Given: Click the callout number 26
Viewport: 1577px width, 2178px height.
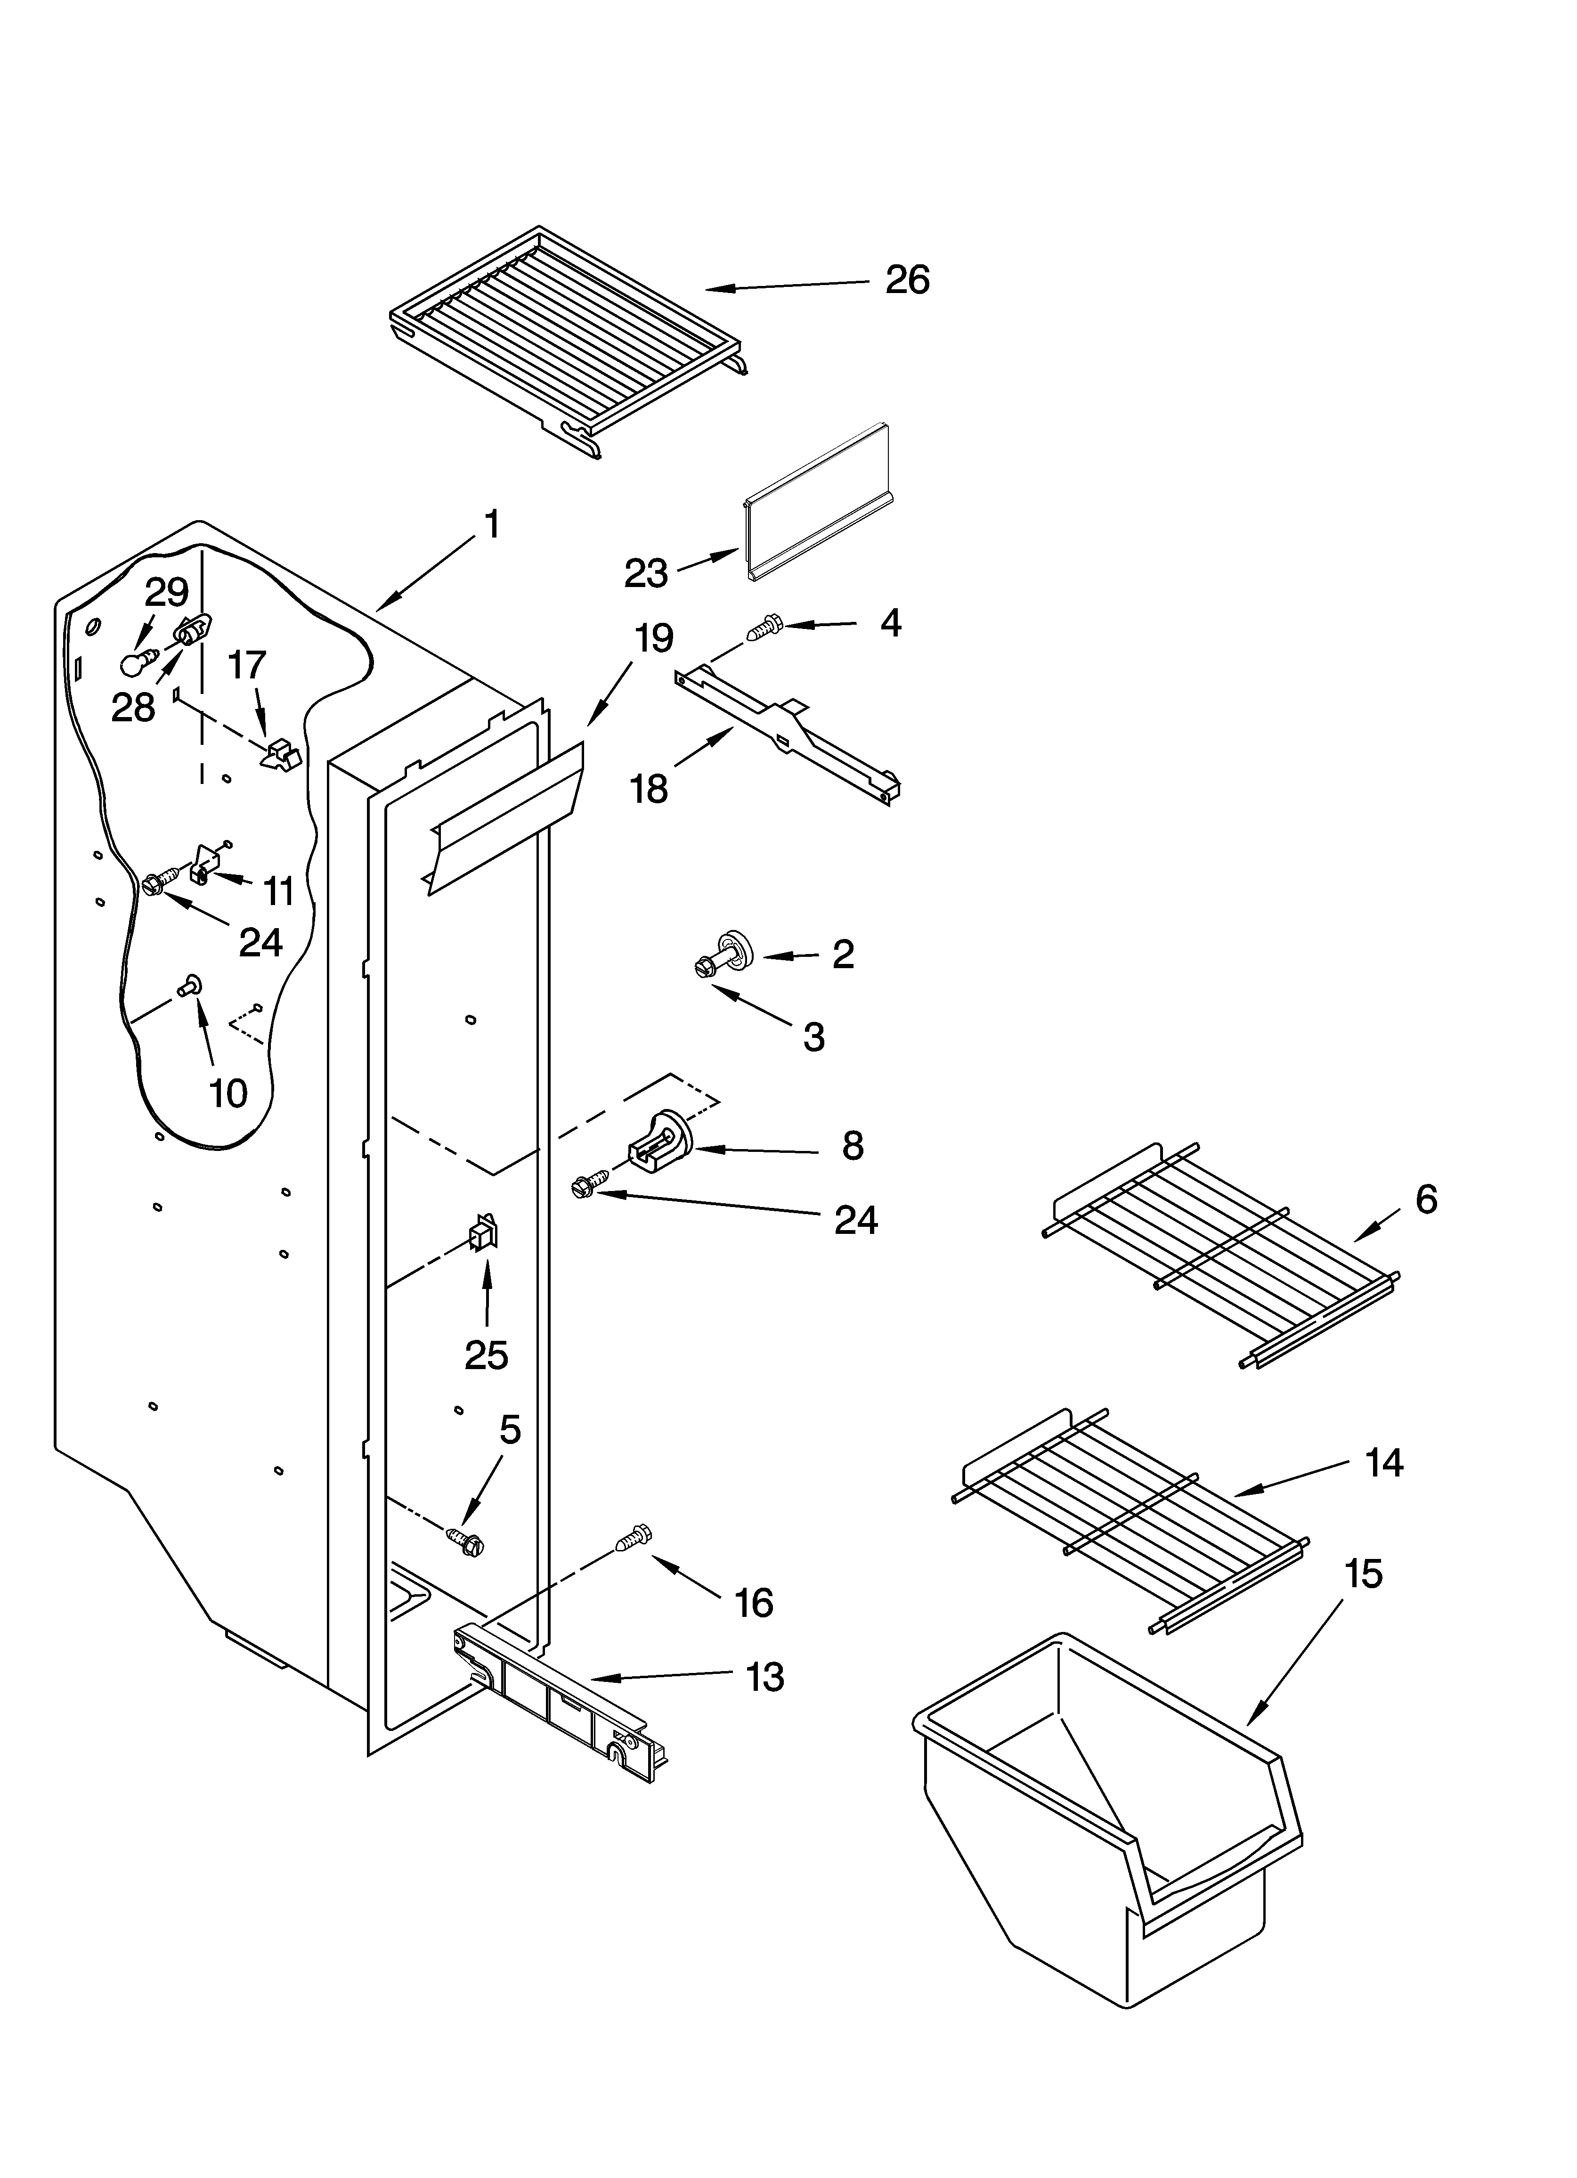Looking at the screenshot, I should pyautogui.click(x=907, y=280).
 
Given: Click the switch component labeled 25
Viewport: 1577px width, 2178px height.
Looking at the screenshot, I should pyautogui.click(x=483, y=1233).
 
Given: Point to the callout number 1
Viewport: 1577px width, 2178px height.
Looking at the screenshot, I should pyautogui.click(x=491, y=525).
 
